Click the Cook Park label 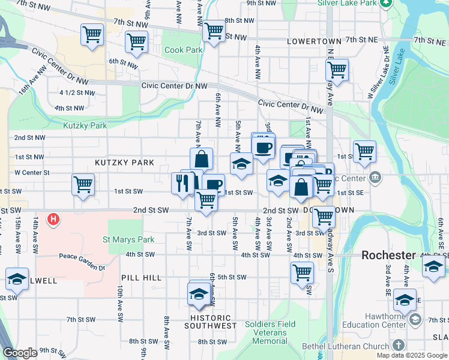tap(184, 50)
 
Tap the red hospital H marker tap(53, 220)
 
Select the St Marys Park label tap(128, 240)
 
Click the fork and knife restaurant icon tap(182, 182)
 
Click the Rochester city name tap(388, 255)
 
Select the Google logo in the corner tap(20, 353)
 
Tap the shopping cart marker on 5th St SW tap(302, 272)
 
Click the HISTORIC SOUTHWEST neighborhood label tap(210, 322)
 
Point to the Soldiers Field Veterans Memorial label tap(270, 333)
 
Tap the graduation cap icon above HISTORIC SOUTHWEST tap(199, 293)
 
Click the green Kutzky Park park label tap(85, 126)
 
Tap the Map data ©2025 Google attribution tap(411, 355)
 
